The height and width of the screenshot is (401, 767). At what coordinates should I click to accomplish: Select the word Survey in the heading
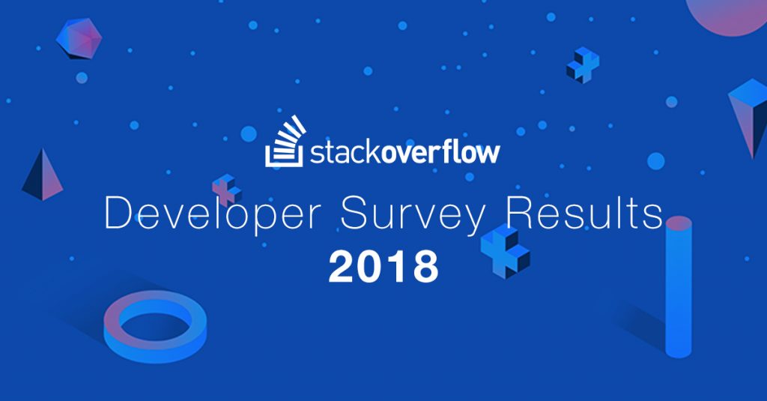(x=413, y=214)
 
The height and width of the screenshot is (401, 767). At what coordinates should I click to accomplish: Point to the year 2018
(x=383, y=266)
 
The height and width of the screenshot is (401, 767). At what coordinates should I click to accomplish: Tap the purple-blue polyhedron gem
(x=79, y=39)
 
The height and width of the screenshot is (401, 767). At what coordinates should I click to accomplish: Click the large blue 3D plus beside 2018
(x=506, y=250)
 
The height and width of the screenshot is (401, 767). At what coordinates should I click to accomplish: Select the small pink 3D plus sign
(x=226, y=190)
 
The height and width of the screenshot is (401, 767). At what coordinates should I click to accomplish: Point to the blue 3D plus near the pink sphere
(x=583, y=64)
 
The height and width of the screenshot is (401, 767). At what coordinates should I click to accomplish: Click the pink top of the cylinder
(x=679, y=223)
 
